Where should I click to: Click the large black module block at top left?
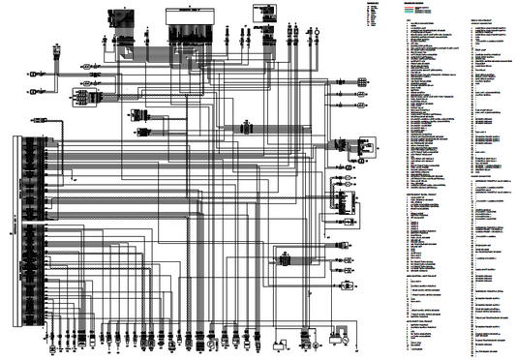(123, 17)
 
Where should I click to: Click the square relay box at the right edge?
(367, 146)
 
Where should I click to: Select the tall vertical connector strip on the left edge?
(15, 233)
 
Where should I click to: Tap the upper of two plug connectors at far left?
(34, 73)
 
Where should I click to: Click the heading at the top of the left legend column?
(414, 3)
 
